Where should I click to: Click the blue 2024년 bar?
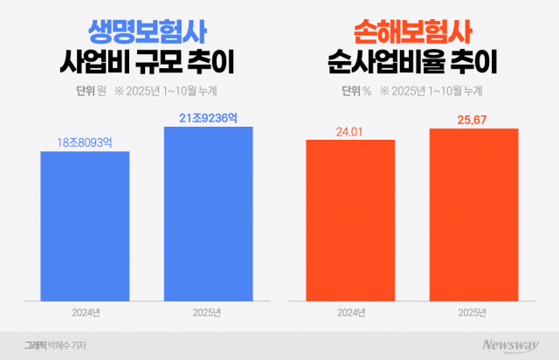(x=85, y=225)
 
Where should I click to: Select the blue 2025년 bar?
(x=208, y=213)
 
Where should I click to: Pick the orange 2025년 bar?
(x=473, y=214)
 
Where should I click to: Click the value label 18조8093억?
(x=85, y=139)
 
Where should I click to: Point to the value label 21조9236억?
(x=208, y=114)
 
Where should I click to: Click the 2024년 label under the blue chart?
(x=85, y=313)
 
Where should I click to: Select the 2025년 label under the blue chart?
(x=208, y=313)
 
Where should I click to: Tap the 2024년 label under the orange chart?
(x=350, y=313)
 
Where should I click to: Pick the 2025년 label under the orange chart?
(x=473, y=313)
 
